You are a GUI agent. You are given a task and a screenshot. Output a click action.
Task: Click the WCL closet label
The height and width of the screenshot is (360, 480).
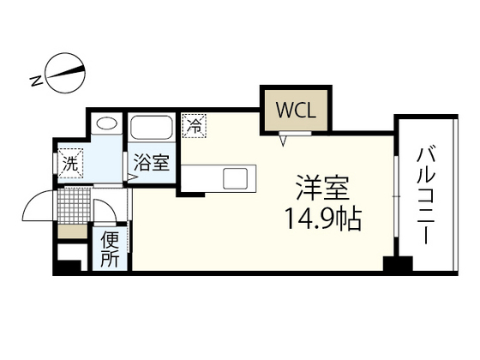point(296,110)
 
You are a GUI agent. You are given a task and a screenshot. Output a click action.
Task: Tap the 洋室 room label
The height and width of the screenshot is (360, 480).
point(322,188)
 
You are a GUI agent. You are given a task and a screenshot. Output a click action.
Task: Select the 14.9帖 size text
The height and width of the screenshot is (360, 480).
point(323,219)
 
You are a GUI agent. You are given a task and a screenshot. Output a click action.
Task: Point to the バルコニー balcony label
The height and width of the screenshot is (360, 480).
point(426,196)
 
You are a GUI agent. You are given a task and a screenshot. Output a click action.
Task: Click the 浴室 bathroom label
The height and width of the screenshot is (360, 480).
point(152,162)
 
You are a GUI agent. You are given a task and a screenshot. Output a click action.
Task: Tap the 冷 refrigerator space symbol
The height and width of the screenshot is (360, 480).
point(194,125)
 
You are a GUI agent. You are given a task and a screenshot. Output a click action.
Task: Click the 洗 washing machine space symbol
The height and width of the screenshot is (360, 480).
point(70,163)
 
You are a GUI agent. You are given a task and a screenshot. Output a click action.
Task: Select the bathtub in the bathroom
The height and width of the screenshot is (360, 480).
point(151,128)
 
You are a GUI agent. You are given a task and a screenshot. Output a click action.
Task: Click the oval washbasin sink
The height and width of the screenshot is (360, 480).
point(106,123)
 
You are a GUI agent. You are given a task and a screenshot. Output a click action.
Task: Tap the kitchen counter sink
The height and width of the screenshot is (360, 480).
point(235,178)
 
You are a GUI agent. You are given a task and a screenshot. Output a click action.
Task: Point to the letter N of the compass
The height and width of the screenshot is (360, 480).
point(37,81)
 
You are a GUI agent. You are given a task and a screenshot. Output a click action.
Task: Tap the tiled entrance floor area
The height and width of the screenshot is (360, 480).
point(74,206)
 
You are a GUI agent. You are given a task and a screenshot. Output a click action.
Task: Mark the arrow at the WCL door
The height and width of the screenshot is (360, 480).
point(284,141)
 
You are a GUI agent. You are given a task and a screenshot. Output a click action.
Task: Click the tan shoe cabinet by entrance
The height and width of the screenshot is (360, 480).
point(73,231)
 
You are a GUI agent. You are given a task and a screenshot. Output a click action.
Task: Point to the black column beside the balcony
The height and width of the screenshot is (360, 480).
point(398,264)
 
